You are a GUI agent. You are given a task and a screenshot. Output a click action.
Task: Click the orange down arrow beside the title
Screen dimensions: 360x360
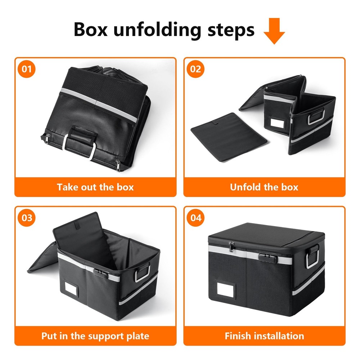coord(274,32)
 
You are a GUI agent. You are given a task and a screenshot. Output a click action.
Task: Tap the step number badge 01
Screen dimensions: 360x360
coord(27,68)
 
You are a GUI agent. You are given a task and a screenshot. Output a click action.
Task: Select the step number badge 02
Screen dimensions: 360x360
coord(195,68)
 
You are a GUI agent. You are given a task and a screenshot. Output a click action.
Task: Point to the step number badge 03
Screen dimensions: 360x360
coord(27,218)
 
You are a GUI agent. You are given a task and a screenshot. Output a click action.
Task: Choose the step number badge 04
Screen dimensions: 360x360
coord(195,218)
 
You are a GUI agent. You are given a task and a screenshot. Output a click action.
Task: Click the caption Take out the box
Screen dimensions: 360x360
coord(95,187)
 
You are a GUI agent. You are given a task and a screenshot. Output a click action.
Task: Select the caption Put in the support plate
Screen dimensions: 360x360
coord(95,336)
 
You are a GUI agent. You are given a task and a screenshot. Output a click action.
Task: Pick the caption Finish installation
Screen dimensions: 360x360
coord(264,336)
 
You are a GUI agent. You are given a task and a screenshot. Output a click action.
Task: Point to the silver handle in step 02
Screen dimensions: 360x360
coord(317,117)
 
